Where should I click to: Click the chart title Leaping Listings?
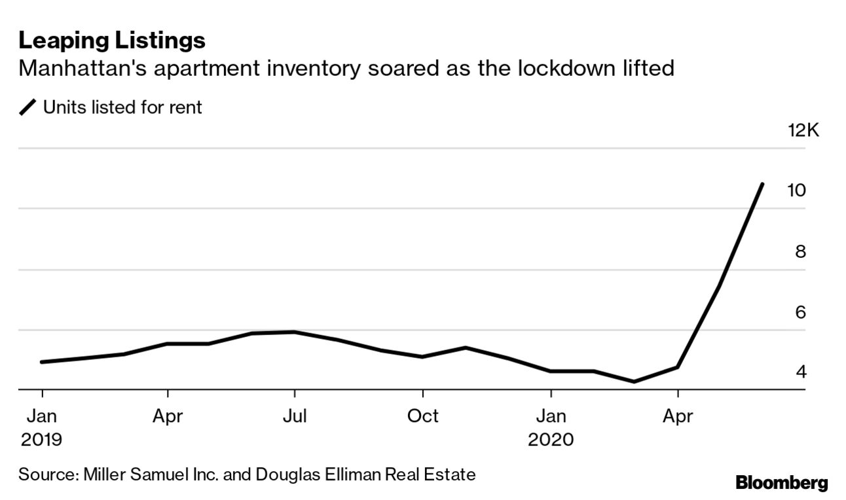coord(112,41)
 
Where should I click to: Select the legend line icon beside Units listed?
coord(28,107)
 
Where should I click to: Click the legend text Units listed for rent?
coord(122,107)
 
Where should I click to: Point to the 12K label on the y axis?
coord(803,130)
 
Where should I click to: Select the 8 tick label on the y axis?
coord(800,251)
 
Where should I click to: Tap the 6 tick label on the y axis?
coord(800,312)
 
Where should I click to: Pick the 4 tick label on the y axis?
coord(800,372)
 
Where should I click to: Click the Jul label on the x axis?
coord(295,416)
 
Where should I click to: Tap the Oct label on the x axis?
coord(423,416)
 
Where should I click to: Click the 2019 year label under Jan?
coord(41,438)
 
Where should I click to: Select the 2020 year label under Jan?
coord(551,438)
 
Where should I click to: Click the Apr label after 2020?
coord(678,416)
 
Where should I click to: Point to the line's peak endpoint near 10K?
coord(762,185)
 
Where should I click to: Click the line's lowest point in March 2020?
coord(634,382)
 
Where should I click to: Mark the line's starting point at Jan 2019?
coord(42,362)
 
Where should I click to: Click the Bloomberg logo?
coord(781,484)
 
